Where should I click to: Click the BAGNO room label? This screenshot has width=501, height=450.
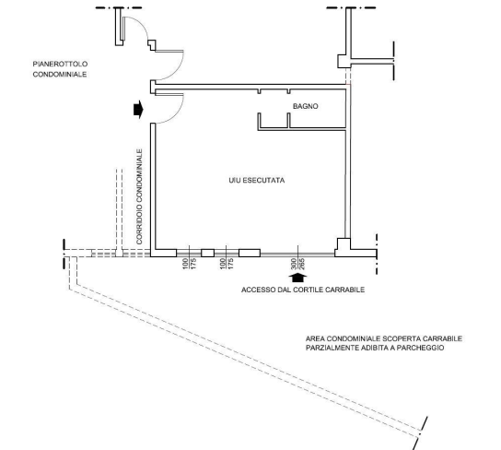(306, 106)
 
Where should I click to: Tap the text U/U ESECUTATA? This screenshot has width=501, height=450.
(257, 181)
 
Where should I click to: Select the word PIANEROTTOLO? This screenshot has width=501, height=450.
(60, 64)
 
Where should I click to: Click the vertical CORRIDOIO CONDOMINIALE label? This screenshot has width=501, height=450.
(139, 196)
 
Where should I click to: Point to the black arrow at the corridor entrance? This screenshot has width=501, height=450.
(138, 110)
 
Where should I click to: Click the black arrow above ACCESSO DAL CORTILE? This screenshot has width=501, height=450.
(297, 278)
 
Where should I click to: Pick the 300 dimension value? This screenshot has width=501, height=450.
(294, 264)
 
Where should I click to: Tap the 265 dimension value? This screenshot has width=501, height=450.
(302, 264)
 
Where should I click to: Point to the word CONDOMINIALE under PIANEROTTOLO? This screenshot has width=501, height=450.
(60, 74)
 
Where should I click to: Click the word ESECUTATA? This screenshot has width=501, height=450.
(263, 181)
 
